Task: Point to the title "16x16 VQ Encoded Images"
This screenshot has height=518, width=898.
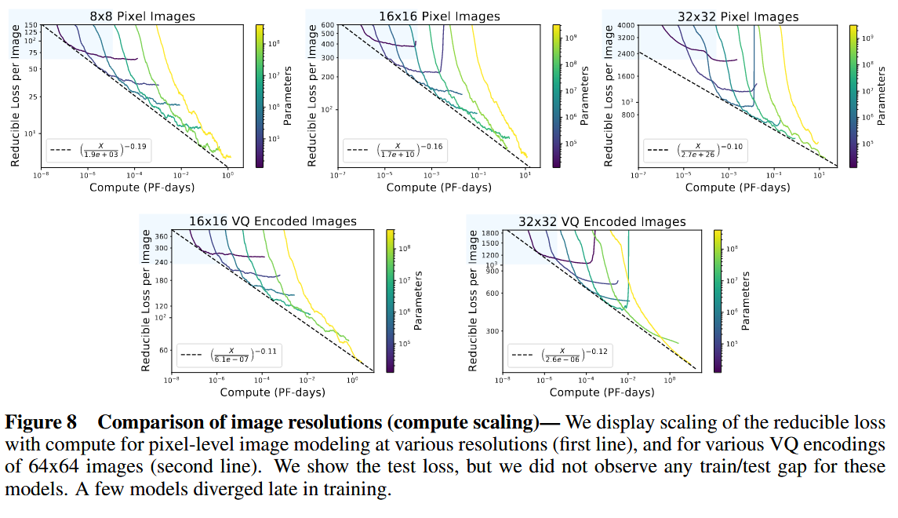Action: (272, 221)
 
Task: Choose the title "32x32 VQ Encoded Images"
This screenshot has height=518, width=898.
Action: (602, 221)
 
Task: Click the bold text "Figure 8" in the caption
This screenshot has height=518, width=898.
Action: (41, 422)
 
